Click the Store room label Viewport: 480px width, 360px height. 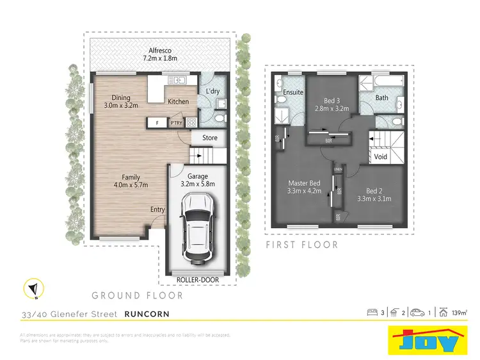[210, 138]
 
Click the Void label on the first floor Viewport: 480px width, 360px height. [381, 156]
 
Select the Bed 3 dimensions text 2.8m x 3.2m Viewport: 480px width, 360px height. [330, 109]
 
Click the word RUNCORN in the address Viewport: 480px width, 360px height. [147, 315]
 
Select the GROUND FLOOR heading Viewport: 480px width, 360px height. [137, 296]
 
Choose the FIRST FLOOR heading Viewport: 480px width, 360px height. [303, 245]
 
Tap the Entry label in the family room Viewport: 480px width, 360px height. [157, 209]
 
